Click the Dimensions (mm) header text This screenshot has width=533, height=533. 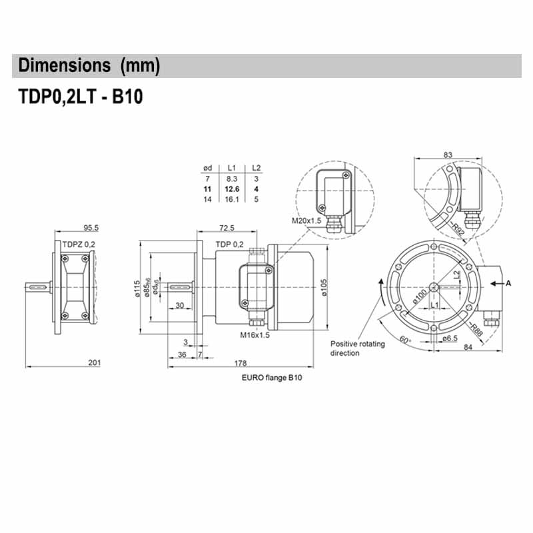pos(89,66)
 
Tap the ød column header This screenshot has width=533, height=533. pos(207,169)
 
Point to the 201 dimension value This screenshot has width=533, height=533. pos(94,362)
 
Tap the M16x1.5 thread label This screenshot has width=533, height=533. pos(255,335)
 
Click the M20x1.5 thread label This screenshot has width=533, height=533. pos(306,221)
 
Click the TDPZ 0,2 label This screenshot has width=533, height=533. pos(79,245)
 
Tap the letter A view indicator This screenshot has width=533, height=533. pos(508,283)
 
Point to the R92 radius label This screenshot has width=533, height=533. pos(457,231)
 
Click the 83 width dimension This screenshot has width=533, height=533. pos(447,155)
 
